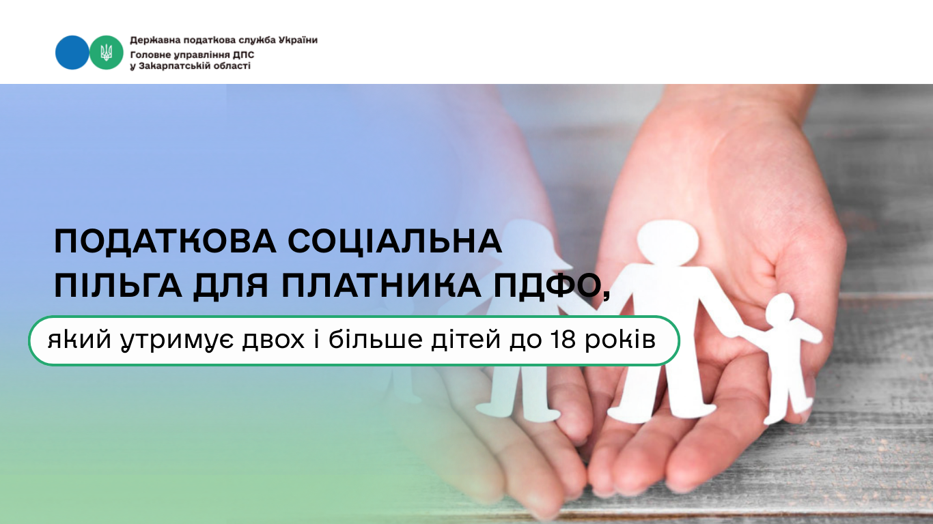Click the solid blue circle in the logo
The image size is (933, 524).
click(x=72, y=53)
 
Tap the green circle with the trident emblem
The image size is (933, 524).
click(x=107, y=53)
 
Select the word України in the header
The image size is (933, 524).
click(x=298, y=40)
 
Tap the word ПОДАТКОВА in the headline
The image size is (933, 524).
click(x=165, y=242)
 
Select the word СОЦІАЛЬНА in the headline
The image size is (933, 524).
click(x=395, y=242)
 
